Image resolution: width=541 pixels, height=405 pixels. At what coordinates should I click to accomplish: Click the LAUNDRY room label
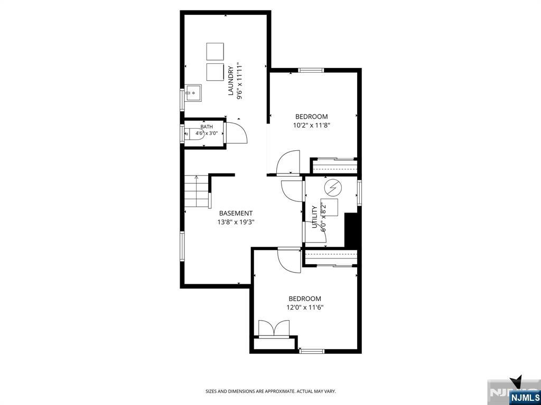click(231, 80)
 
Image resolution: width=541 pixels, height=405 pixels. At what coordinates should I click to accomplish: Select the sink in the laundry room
click(193, 93)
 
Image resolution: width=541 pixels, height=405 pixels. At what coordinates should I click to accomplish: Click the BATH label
click(204, 127)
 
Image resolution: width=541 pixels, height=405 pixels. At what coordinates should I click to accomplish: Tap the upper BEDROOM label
click(311, 117)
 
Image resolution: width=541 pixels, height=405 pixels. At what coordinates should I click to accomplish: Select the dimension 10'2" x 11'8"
click(312, 126)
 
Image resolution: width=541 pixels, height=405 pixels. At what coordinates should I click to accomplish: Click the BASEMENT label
click(236, 214)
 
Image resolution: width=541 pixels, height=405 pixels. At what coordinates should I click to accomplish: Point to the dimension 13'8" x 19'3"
click(236, 222)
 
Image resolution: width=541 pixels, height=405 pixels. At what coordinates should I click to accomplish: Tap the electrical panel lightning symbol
click(333, 188)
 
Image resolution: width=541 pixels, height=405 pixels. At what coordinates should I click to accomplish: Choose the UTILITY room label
click(314, 217)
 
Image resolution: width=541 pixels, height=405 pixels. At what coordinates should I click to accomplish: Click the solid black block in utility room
click(352, 229)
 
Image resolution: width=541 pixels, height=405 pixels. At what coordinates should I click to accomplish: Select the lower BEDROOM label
click(305, 299)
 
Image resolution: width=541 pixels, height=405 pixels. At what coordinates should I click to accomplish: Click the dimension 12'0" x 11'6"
click(305, 307)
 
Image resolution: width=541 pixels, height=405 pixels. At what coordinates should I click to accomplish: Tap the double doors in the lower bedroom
click(274, 328)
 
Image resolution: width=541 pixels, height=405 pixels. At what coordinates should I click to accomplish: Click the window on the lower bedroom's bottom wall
click(312, 351)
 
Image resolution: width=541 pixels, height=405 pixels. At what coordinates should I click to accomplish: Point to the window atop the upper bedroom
click(311, 70)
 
